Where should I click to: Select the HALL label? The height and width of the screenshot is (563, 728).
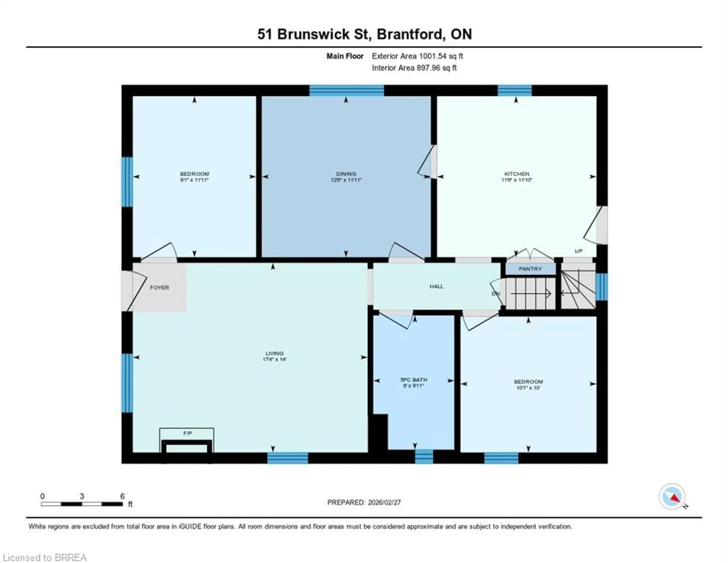436,286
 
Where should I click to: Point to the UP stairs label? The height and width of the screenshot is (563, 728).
579,251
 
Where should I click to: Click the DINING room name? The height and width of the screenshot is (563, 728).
346,174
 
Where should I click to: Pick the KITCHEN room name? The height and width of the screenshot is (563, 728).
517,174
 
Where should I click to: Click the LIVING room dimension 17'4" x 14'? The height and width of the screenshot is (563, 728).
274,359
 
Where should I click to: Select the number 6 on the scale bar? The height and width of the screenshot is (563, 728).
122,496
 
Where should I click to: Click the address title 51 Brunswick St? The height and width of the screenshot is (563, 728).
312,34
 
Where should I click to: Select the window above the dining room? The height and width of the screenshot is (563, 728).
347,91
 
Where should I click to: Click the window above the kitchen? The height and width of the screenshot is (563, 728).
515,91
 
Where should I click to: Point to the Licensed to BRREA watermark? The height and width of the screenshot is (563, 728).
45,557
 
